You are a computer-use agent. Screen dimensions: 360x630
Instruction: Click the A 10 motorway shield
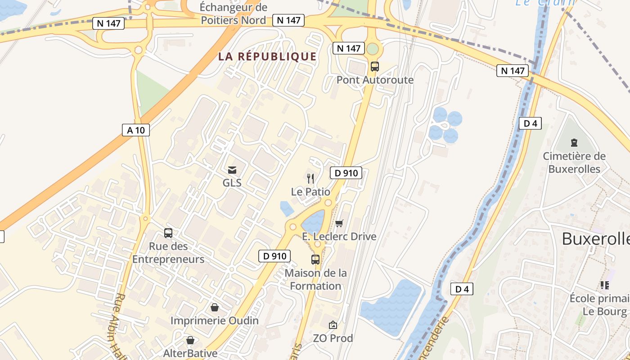pyautogui.click(x=136, y=130)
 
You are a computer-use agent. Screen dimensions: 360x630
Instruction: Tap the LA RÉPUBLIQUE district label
pyautogui.click(x=267, y=57)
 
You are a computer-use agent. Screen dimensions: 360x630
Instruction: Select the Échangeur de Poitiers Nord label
pyautogui.click(x=234, y=13)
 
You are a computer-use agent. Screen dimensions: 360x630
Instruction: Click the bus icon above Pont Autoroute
pyautogui.click(x=374, y=67)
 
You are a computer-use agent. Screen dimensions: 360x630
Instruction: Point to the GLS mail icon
pyautogui.click(x=232, y=170)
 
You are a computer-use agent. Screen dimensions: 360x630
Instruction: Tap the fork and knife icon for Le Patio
pyautogui.click(x=310, y=178)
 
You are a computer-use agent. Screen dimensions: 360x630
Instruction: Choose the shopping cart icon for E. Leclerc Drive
pyautogui.click(x=339, y=223)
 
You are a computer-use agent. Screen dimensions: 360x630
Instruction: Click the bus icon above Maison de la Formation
pyautogui.click(x=315, y=260)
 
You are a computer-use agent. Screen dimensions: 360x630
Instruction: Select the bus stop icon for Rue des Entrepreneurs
pyautogui.click(x=168, y=233)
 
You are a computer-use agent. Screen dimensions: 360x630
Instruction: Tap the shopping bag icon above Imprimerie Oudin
pyautogui.click(x=215, y=307)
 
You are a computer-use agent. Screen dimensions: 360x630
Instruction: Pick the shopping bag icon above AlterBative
pyautogui.click(x=190, y=340)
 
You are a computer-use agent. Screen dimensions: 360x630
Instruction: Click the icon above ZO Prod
pyautogui.click(x=333, y=325)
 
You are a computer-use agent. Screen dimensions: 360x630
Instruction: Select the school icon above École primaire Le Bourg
pyautogui.click(x=604, y=285)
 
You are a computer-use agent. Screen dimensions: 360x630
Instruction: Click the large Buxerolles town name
pyautogui.click(x=596, y=239)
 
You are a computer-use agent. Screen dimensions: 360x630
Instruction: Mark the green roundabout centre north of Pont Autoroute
pyautogui.click(x=373, y=49)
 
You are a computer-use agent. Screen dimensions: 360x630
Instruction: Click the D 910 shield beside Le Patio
pyautogui.click(x=346, y=173)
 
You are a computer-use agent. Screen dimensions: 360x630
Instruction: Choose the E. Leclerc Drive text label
pyautogui.click(x=339, y=237)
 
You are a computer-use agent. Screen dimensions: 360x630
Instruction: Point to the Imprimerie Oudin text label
pyautogui.click(x=215, y=320)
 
